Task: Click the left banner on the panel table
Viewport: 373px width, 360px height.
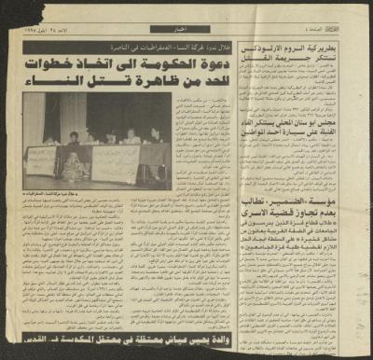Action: [x=47, y=159]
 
